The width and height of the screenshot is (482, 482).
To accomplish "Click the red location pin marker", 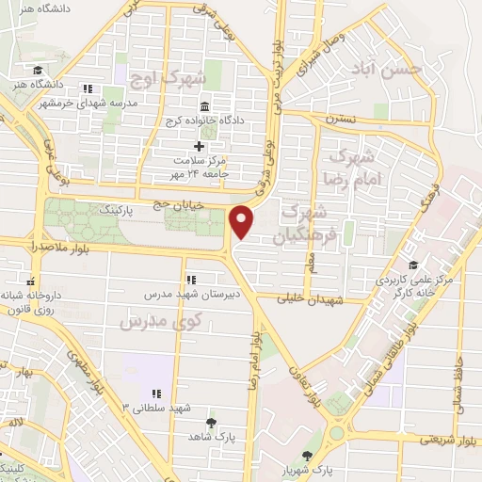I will pyautogui.click(x=243, y=221).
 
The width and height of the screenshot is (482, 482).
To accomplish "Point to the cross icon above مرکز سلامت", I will pyautogui.click(x=198, y=146).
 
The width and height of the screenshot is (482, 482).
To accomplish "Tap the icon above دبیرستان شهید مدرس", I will pyautogui.click(x=191, y=279).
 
